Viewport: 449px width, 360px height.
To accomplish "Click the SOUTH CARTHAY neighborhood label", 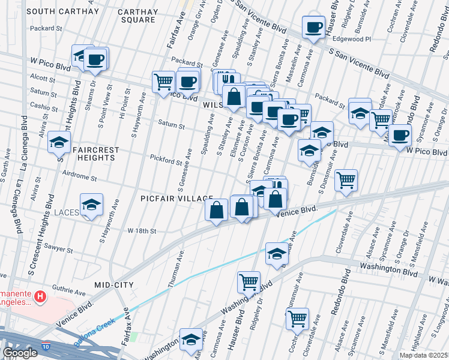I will [62, 11].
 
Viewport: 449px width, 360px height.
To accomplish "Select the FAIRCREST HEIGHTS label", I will [86, 154].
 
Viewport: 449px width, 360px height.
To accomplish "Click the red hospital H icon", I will [40, 296].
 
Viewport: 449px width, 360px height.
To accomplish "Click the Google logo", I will [20, 353].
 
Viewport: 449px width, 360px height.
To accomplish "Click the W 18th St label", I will [142, 231].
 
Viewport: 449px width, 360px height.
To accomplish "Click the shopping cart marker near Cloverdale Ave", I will [346, 179].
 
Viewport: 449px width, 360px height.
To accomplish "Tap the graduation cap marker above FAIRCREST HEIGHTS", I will [59, 142].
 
